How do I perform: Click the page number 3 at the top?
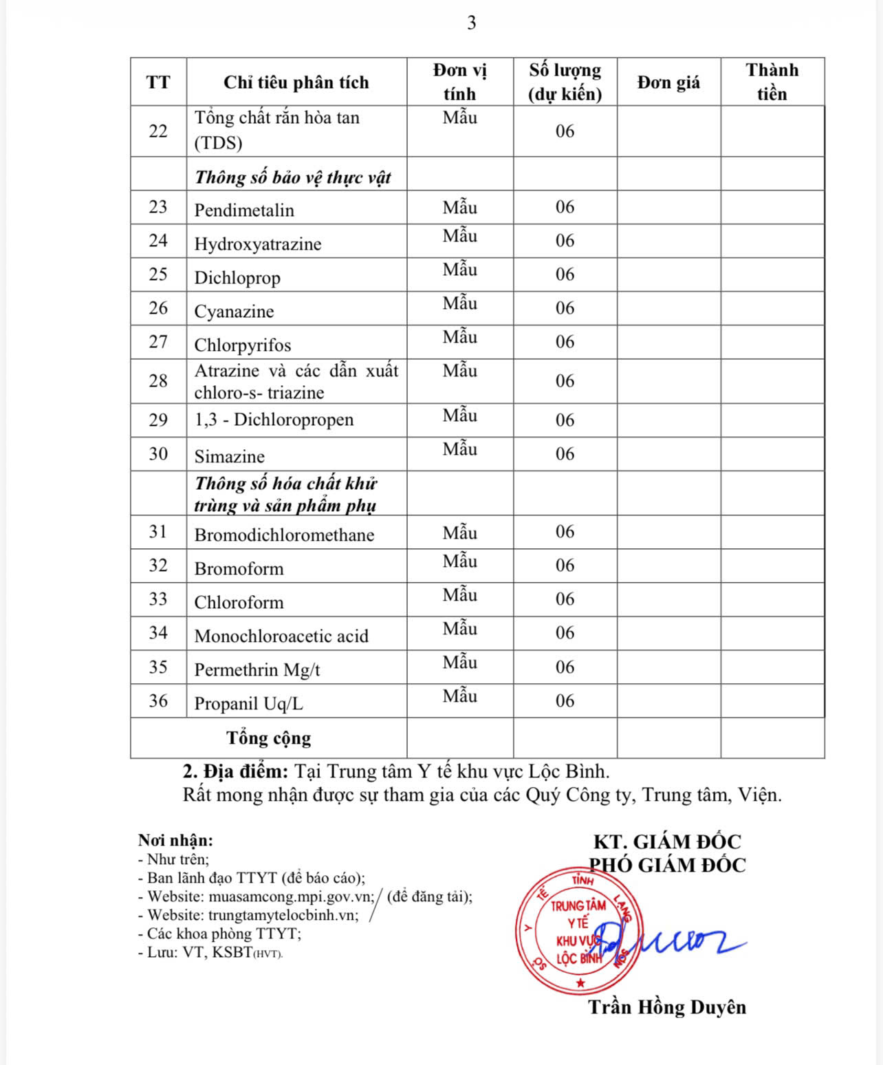(471, 23)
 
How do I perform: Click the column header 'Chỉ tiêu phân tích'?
(296, 83)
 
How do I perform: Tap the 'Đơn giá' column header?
(668, 83)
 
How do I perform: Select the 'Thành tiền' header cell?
(772, 82)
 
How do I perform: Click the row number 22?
(158, 131)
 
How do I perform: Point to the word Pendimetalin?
(244, 210)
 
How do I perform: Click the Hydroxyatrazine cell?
(257, 244)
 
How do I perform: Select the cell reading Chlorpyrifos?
(242, 345)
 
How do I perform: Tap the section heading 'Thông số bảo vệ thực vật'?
(292, 177)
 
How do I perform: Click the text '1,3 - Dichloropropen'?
(274, 420)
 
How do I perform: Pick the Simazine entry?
(229, 456)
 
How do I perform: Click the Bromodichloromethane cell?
(284, 535)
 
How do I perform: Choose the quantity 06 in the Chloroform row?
(565, 599)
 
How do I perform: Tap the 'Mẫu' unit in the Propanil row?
(459, 696)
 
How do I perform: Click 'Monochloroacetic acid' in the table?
(281, 636)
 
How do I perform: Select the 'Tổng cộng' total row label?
(268, 738)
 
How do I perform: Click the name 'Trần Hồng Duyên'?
(666, 1007)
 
